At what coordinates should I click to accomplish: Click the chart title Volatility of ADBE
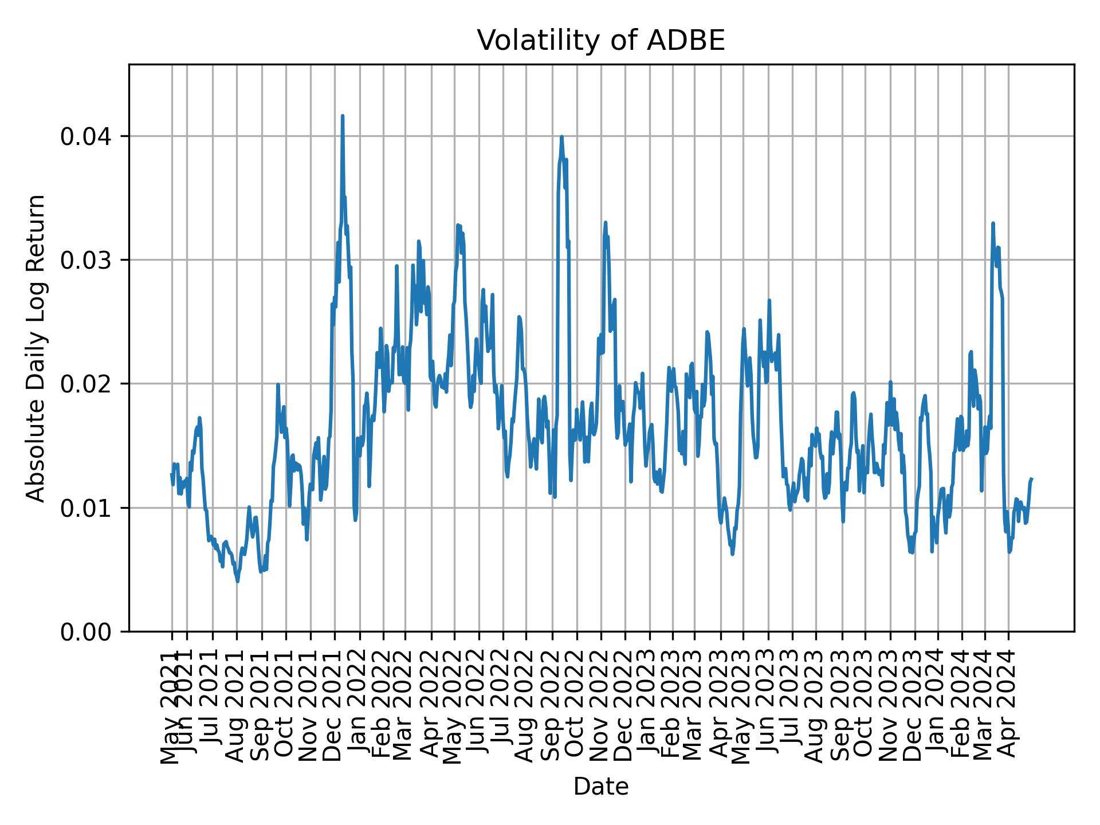click(601, 41)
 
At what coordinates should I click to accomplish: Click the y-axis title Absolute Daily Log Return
click(37, 348)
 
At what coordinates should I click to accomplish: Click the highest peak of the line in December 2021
click(342, 116)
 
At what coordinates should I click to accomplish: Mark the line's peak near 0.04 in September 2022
click(561, 136)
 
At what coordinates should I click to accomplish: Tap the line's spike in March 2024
click(993, 223)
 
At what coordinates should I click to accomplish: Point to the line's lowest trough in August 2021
click(238, 582)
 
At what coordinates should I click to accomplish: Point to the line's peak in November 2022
click(605, 222)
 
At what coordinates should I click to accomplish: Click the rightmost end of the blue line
click(1032, 478)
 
